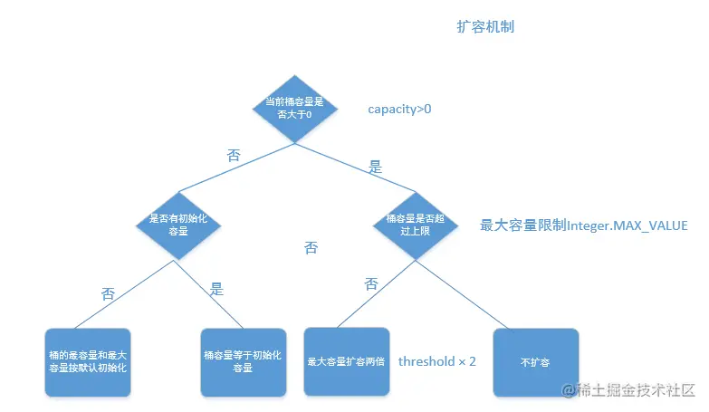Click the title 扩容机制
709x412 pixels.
[x=485, y=27]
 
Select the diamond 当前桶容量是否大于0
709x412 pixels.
[x=294, y=108]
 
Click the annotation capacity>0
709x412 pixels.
[x=399, y=110]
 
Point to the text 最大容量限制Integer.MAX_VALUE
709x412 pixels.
[x=583, y=225]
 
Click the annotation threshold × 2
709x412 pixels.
[x=437, y=360]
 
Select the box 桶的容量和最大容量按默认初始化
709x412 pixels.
[x=87, y=362]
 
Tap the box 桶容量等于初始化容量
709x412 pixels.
[x=243, y=362]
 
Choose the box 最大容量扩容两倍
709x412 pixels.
[x=347, y=361]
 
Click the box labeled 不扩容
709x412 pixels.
[x=536, y=361]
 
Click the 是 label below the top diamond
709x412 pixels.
[x=376, y=168]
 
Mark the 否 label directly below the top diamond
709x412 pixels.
[x=234, y=155]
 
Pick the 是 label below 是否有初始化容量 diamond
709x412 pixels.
[x=217, y=290]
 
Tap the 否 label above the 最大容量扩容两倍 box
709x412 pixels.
[x=371, y=283]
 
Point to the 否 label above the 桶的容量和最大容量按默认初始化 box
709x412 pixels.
[x=109, y=293]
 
